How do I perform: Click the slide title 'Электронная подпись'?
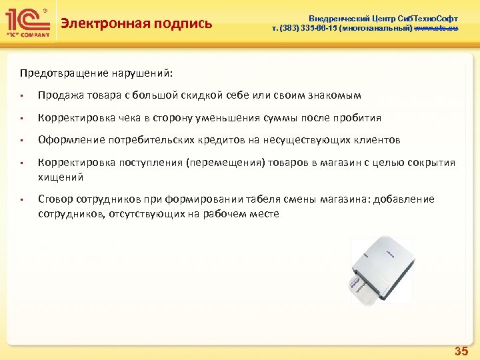pos(136,24)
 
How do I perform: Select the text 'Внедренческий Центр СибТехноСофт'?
pos(383,19)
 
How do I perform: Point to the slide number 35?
pos(461,351)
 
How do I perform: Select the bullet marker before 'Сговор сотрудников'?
pos(23,200)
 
